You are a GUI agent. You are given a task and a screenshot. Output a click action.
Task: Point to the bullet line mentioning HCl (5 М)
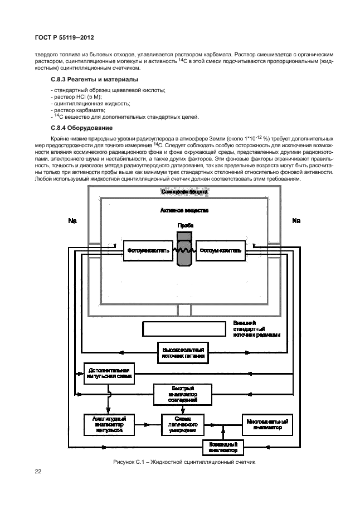pyautogui.click(x=72, y=97)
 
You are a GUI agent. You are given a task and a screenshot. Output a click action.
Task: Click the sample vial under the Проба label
pyautogui.click(x=183, y=250)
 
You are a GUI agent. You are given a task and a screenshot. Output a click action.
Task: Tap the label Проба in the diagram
pyautogui.click(x=185, y=225)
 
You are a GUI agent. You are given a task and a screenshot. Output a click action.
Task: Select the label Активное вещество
pyautogui.click(x=184, y=211)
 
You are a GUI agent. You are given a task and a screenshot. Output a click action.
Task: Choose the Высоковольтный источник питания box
pyautogui.click(x=183, y=351)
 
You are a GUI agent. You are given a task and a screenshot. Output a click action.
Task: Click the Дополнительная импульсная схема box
pyautogui.click(x=109, y=373)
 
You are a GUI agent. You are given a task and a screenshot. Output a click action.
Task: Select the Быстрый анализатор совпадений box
pyautogui.click(x=183, y=394)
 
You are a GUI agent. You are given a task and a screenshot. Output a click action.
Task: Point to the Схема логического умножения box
pyautogui.click(x=183, y=424)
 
